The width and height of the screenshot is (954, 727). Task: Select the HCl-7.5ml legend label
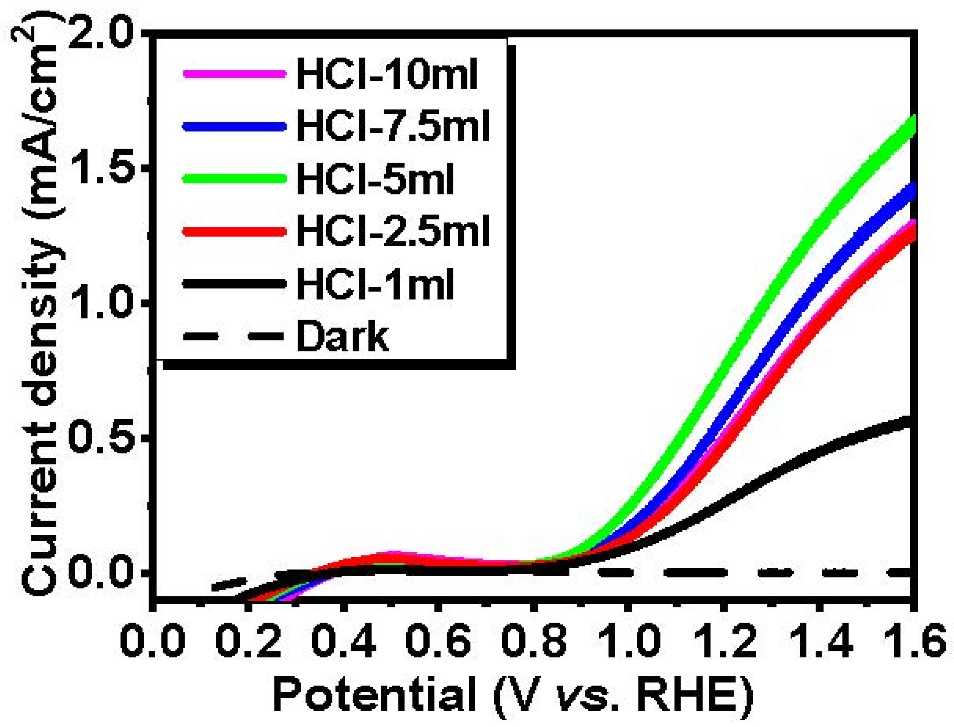point(393,127)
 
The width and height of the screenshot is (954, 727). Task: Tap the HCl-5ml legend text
point(375,179)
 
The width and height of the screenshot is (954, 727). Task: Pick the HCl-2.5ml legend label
point(393,231)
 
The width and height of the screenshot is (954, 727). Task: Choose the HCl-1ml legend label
point(375,284)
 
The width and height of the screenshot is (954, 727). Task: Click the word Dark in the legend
point(342,336)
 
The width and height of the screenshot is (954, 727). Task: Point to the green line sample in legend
point(234,178)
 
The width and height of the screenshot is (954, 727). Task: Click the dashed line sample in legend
point(234,337)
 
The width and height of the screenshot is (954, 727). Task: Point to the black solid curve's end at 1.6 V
point(911,422)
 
